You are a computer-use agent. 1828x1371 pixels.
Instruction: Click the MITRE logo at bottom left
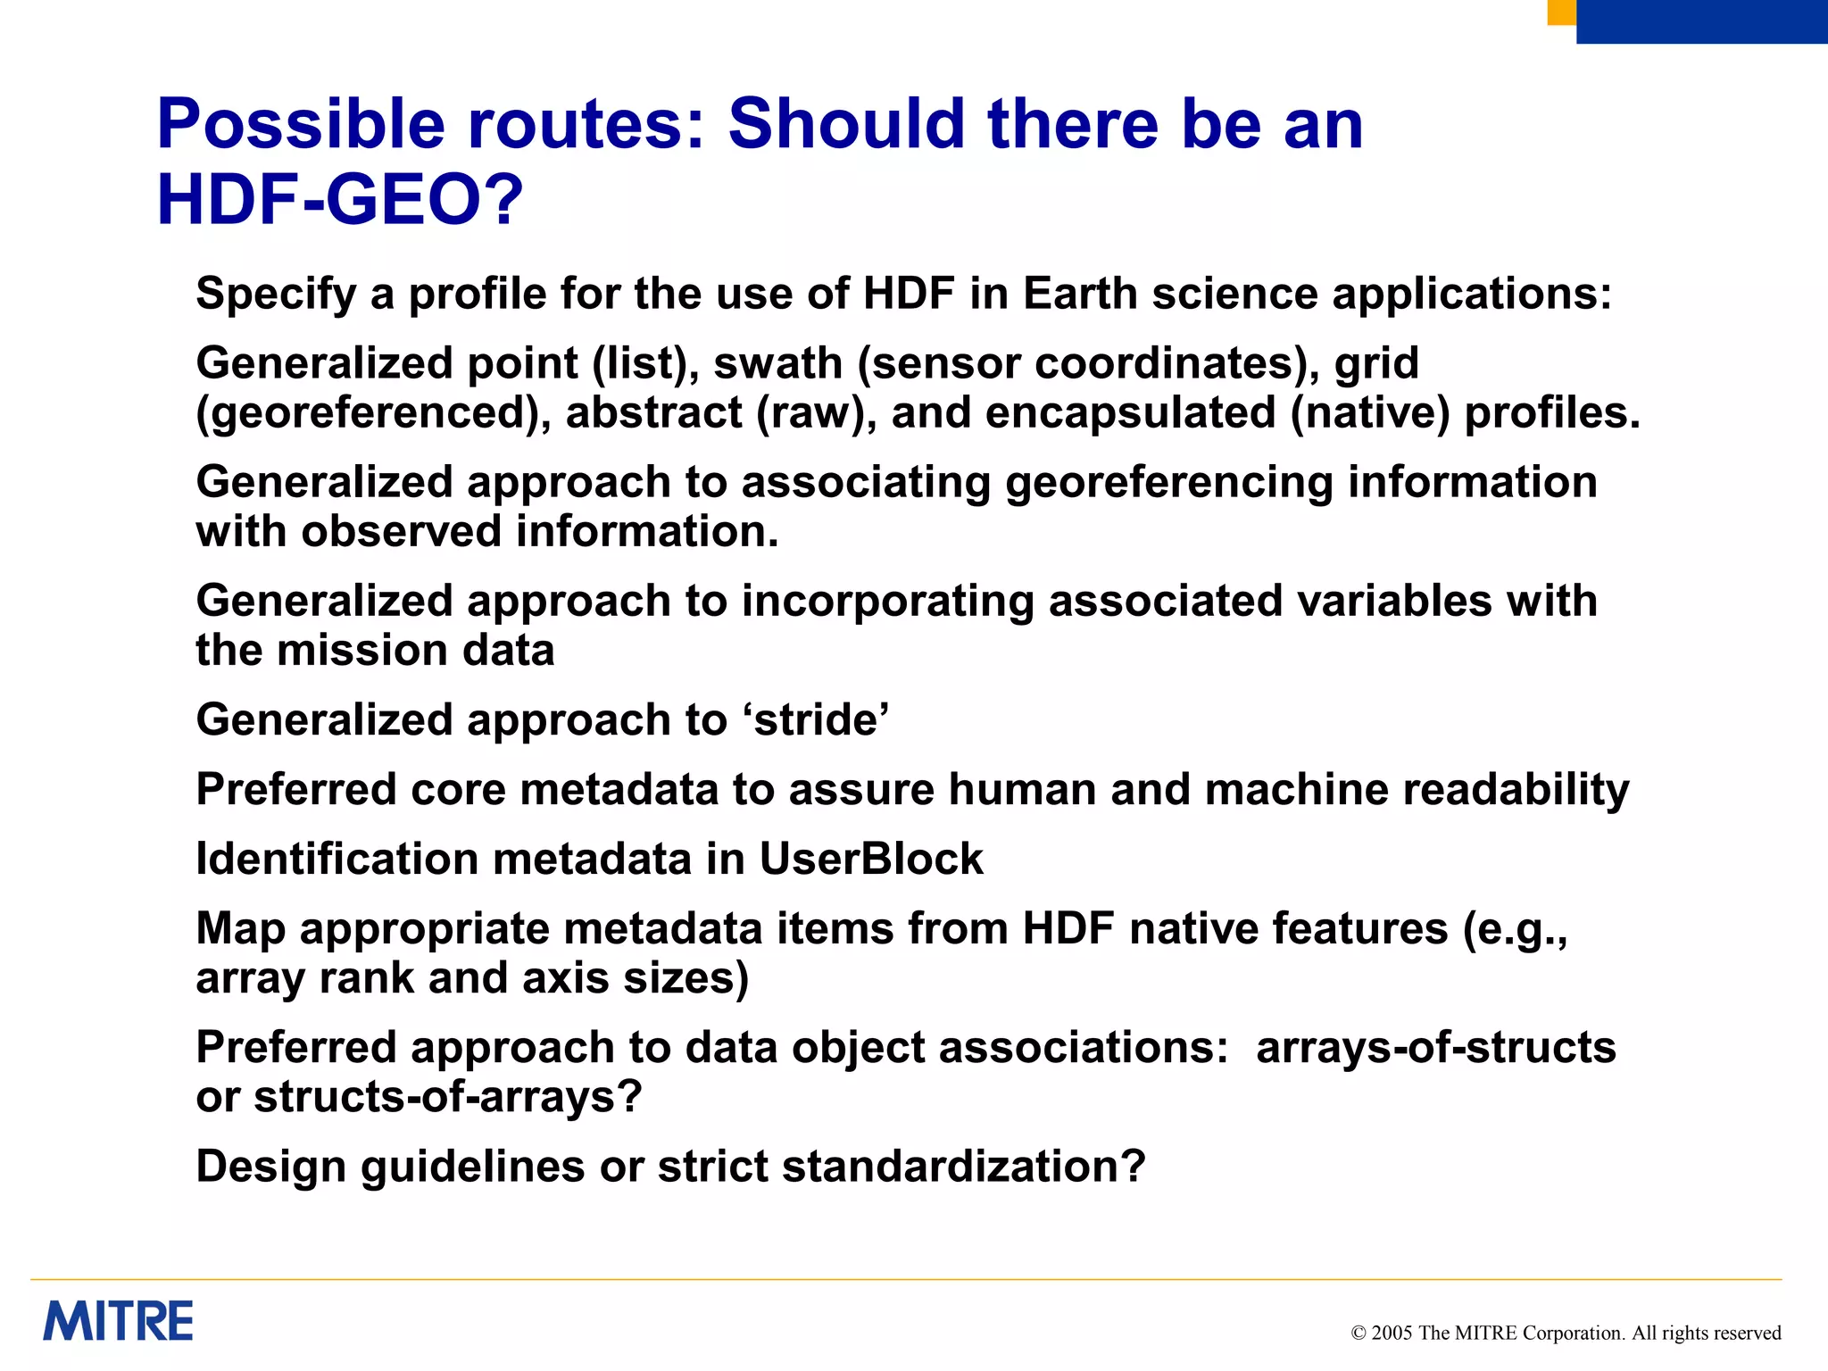[x=118, y=1321]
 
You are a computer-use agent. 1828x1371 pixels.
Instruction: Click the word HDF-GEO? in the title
[x=340, y=200]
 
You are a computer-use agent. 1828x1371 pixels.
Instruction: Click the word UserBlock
[x=870, y=859]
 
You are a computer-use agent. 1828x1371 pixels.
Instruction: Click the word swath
[x=777, y=363]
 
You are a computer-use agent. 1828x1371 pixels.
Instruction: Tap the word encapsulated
[x=1130, y=412]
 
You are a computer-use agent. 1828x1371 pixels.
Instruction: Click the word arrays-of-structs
[x=1435, y=1047]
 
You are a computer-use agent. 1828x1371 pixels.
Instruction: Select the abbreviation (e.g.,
[x=1514, y=928]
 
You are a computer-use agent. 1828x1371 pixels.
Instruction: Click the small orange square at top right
[x=1560, y=12]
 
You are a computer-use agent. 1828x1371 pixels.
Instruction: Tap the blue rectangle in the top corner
[x=1701, y=21]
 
